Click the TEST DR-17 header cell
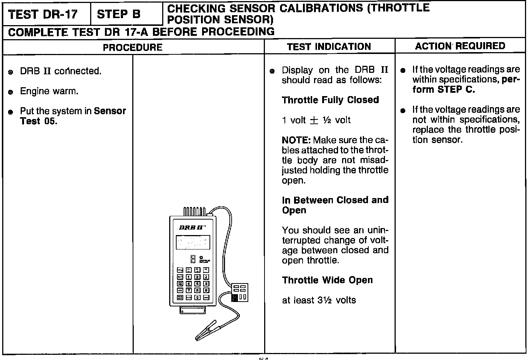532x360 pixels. click(43, 14)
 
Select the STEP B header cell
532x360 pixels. click(119, 14)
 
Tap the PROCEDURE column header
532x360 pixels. click(133, 47)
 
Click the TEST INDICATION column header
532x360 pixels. click(329, 47)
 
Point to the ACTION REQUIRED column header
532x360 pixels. click(460, 46)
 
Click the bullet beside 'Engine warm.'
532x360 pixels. click(11, 92)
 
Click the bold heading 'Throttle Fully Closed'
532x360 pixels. click(330, 100)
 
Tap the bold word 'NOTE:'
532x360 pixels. click(296, 140)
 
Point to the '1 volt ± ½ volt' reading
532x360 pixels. click(316, 120)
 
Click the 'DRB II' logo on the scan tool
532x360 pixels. click(190, 227)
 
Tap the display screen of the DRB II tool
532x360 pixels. click(193, 242)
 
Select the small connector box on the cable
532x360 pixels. click(240, 292)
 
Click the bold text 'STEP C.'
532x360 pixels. click(456, 89)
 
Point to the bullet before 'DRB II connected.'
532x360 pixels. click(11, 72)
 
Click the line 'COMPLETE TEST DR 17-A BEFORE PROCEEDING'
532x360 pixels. click(141, 32)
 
